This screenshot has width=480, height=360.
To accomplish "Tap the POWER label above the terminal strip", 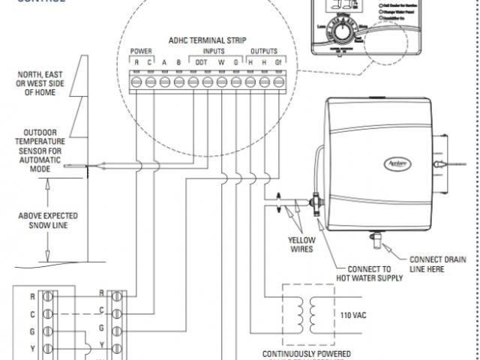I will tap(142, 52).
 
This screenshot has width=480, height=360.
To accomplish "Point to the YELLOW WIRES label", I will tap(302, 244).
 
